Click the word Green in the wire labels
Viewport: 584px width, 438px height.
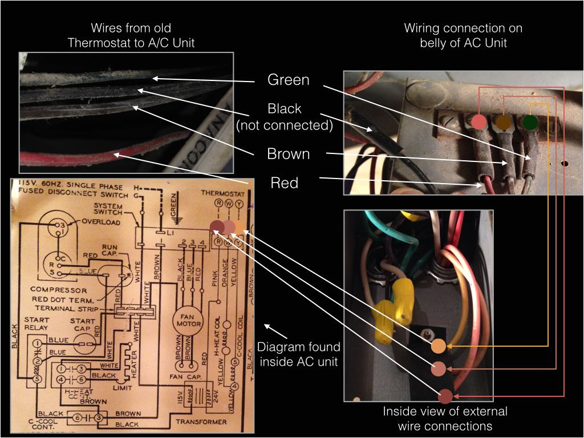pyautogui.click(x=289, y=80)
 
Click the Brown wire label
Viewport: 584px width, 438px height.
pyautogui.click(x=289, y=154)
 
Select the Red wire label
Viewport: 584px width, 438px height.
pyautogui.click(x=285, y=182)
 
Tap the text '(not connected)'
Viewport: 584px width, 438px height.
pyautogui.click(x=285, y=125)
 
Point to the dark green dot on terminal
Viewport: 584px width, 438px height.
pyautogui.click(x=530, y=121)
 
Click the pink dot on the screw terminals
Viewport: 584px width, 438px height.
pyautogui.click(x=478, y=121)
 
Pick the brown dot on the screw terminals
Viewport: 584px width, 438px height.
pyautogui.click(x=503, y=121)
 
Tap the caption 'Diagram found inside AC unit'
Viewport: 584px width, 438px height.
pyautogui.click(x=298, y=353)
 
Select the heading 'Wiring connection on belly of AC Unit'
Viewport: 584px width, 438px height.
pyautogui.click(x=463, y=35)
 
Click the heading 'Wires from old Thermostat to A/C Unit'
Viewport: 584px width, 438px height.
pyautogui.click(x=131, y=35)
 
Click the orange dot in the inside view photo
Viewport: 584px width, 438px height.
pyautogui.click(x=438, y=346)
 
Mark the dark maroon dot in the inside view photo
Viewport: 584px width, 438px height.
pyautogui.click(x=445, y=395)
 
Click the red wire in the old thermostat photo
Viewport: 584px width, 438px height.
pyautogui.click(x=114, y=155)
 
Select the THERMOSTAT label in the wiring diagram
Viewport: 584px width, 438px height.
pyautogui.click(x=223, y=193)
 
